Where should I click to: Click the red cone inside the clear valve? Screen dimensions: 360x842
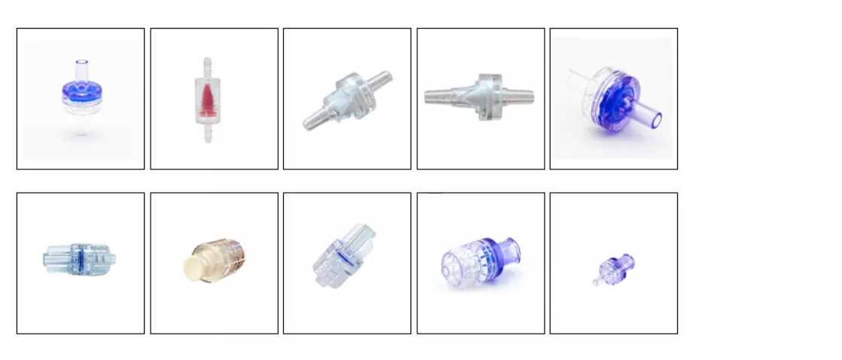208,101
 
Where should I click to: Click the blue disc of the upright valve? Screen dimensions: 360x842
80,92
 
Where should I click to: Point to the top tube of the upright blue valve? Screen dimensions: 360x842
81,67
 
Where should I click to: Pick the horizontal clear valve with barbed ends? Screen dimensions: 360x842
480,96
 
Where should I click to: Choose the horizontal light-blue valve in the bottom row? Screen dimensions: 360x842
79,258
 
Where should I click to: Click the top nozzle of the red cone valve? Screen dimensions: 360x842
208,64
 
